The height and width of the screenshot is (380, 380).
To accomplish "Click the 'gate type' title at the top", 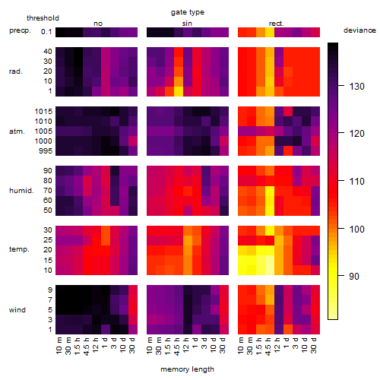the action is coord(188,12).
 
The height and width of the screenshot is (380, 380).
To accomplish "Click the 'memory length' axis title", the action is coord(187,369).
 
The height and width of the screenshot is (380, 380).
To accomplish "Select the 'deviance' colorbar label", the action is coord(359,30).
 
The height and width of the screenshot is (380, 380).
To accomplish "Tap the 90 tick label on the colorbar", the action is coord(354,276).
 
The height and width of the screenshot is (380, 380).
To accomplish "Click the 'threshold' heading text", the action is coord(43,18).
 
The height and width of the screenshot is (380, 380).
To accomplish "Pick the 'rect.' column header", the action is coord(276,24).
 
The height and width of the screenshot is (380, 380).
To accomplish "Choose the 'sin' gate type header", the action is coord(187,24).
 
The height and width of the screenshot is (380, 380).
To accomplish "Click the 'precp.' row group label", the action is coord(20,30).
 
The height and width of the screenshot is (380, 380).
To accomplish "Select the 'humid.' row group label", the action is coord(21,191).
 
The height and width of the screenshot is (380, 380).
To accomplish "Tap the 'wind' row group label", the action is coord(17,310).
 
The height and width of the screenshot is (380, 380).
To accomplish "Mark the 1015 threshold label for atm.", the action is coord(43,112).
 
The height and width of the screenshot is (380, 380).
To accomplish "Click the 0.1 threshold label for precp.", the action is coord(46,32).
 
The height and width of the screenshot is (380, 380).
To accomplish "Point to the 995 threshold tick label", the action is coord(46,151).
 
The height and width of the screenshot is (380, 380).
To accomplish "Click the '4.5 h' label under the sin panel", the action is coord(177,346).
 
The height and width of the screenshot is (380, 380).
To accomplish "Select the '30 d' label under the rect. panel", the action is coord(314,345).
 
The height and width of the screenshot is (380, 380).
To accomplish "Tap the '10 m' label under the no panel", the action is coord(59,345).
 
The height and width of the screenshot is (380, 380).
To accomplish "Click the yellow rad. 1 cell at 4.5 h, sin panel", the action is coord(179,91).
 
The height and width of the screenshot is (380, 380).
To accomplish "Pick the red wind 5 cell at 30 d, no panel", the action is coord(133,309).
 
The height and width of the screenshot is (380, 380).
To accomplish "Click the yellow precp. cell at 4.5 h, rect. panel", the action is coord(270,32).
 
